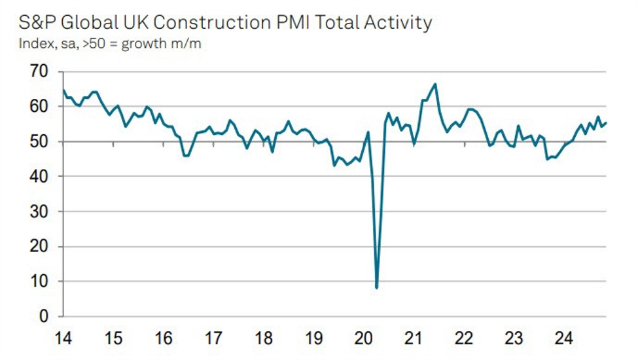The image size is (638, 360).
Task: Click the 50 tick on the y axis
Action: tap(39, 142)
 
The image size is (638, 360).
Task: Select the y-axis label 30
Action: tap(39, 212)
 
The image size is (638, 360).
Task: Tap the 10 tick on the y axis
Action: tap(39, 282)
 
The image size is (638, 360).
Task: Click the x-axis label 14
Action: tap(63, 339)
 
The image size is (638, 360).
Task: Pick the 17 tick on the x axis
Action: tap(213, 339)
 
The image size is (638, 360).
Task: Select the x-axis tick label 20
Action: tap(364, 339)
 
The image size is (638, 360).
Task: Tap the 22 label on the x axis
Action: tap(464, 339)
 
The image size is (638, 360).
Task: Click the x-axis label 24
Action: tap(564, 339)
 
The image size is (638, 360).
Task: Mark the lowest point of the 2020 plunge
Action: tap(377, 287)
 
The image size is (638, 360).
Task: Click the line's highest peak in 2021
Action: tap(435, 84)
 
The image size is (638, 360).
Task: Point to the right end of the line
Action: tap(606, 122)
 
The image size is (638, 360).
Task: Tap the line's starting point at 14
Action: tap(63, 90)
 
